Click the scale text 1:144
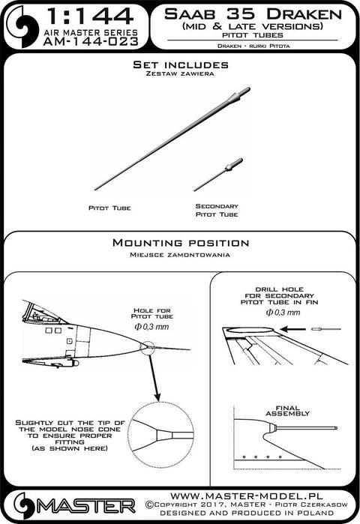(x=90, y=16)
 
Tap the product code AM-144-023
(x=91, y=41)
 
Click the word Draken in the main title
(x=304, y=14)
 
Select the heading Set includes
(x=181, y=64)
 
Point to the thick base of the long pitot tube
(x=239, y=96)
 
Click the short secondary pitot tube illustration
(x=218, y=175)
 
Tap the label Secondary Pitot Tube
(x=217, y=210)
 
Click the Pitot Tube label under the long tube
(x=109, y=208)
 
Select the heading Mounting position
(x=181, y=243)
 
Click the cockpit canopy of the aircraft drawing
(x=42, y=313)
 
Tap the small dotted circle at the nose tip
(x=148, y=349)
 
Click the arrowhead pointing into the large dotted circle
(x=157, y=396)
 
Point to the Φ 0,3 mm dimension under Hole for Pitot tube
(x=151, y=327)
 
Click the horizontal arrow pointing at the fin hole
(x=293, y=330)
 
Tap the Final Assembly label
(x=287, y=411)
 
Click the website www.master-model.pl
(x=247, y=496)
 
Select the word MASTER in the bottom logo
(x=86, y=507)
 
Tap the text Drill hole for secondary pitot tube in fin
(x=279, y=296)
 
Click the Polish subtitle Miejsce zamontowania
(x=180, y=255)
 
